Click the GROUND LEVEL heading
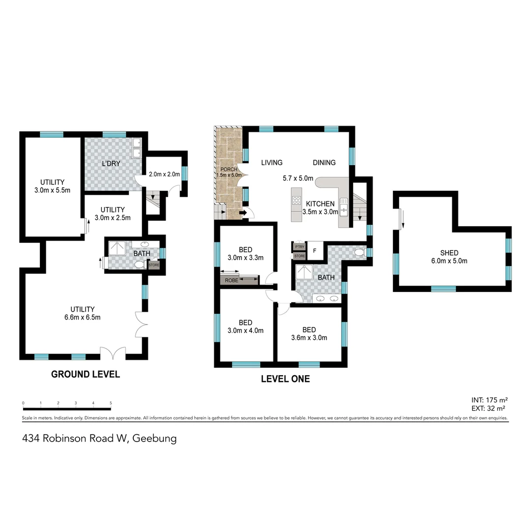[86, 374]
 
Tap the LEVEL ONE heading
[285, 379]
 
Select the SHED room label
[449, 253]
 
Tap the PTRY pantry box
[299, 247]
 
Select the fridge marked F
[315, 250]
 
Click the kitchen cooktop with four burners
[297, 200]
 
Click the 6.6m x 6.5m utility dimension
[82, 317]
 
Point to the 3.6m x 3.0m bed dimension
[309, 338]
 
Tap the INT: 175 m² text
[489, 399]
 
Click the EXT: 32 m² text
[489, 408]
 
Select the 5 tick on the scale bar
[111, 403]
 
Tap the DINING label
[324, 163]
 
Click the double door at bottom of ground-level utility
[113, 354]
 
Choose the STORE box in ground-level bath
[154, 265]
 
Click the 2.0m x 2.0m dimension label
[164, 174]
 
